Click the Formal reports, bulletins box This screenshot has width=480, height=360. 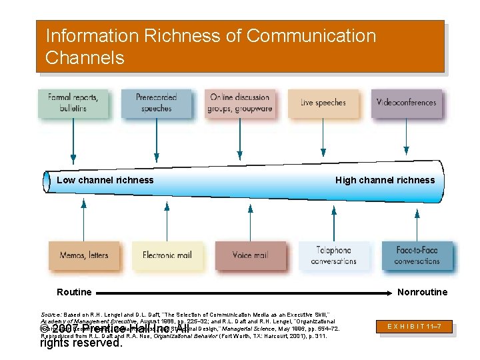click(73, 103)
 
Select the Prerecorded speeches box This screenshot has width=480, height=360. click(155, 103)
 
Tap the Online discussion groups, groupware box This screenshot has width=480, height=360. click(240, 103)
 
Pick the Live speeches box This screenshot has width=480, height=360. click(323, 103)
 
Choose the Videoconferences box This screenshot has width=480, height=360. click(406, 103)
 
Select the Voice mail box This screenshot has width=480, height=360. click(250, 255)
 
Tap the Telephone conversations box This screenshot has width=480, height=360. click(333, 255)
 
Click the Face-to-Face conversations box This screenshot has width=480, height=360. click(417, 255)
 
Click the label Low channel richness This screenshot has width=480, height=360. click(105, 180)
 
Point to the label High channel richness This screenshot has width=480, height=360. click(385, 180)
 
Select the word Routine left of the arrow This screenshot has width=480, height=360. click(74, 292)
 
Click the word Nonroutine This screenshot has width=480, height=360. click(423, 292)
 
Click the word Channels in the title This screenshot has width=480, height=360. click(85, 58)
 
